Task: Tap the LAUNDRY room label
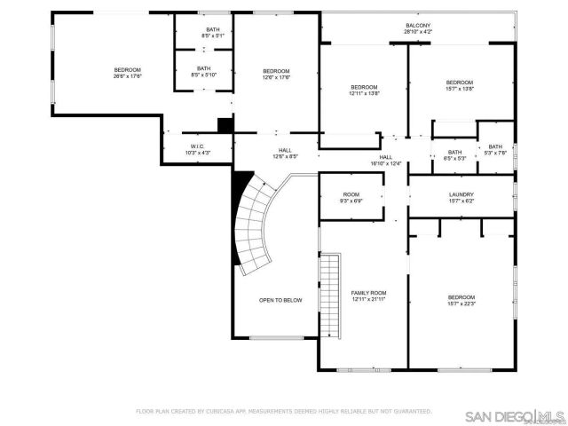[x=461, y=194]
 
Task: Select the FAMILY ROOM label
[x=368, y=293]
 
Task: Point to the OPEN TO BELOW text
[x=280, y=300]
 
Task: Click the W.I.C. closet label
[x=198, y=146]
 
